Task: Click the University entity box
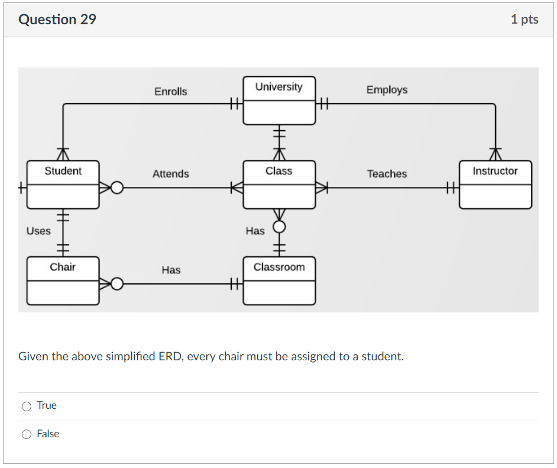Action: (279, 101)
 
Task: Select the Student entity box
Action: (63, 185)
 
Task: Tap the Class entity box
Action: (279, 185)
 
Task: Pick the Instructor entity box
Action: (495, 185)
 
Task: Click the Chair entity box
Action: (63, 280)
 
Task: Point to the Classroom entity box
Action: (279, 280)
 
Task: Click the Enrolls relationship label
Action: (170, 92)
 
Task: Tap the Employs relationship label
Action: (387, 90)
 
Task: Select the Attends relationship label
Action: (170, 174)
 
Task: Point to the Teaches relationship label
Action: (387, 174)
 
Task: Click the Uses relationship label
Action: (38, 231)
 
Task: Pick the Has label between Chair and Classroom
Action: (171, 270)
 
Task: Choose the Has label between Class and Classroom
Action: (255, 231)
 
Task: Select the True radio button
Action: (27, 406)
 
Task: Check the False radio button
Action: (27, 434)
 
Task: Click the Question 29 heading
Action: (57, 20)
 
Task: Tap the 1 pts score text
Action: (524, 20)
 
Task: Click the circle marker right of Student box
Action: (117, 188)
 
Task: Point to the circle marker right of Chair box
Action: (117, 285)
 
